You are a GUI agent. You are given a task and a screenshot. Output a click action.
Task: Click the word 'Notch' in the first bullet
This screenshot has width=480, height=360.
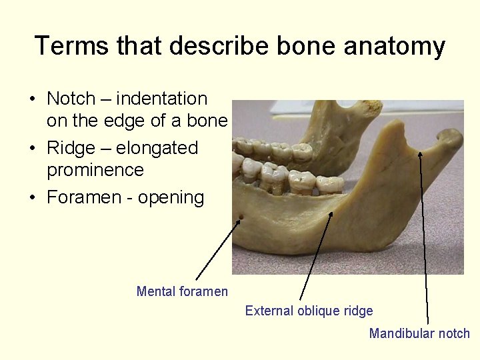pos(71,99)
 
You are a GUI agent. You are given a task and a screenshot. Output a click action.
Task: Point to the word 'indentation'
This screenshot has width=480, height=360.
pos(162,99)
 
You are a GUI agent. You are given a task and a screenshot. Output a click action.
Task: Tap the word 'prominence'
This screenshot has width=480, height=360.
pos(95,170)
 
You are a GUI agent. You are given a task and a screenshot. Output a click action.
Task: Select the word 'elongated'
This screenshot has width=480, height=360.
pos(157,147)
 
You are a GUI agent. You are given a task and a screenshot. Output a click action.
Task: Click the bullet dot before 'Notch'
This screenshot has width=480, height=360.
pos(32,99)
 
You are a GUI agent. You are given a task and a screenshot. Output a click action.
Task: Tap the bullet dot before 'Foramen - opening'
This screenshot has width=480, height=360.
pos(32,198)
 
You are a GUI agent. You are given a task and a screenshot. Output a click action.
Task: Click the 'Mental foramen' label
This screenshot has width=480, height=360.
pos(182,291)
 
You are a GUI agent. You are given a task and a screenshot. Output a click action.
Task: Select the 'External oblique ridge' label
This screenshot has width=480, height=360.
pos(309,311)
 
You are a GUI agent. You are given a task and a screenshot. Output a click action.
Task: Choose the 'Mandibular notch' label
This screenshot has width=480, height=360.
pos(419,333)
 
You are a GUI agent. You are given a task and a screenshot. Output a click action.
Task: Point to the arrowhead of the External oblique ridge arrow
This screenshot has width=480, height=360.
pos(331,214)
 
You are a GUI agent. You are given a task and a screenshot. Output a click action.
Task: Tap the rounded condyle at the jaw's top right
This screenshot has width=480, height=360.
pos(451,138)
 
